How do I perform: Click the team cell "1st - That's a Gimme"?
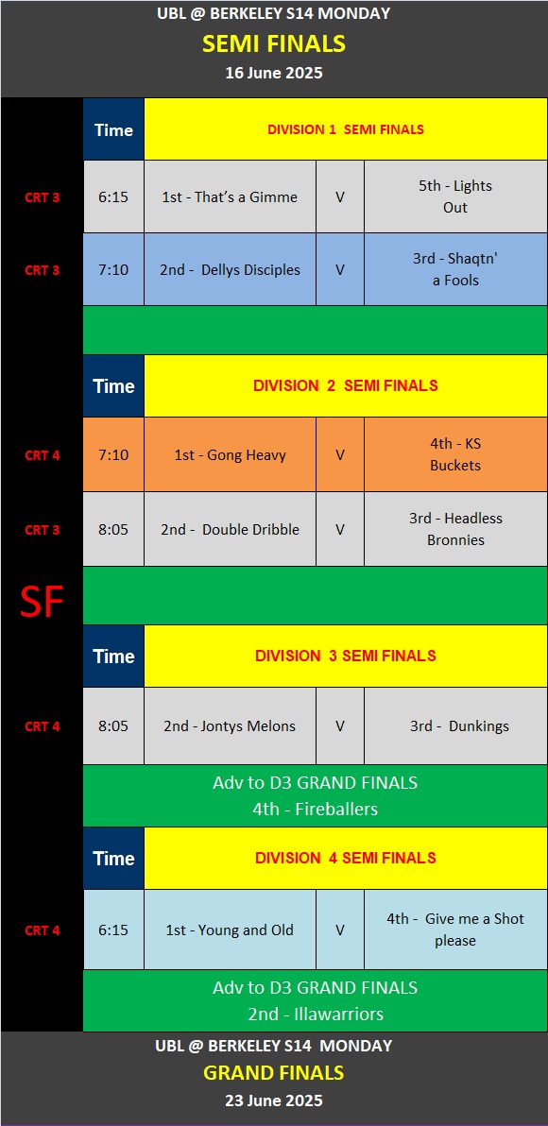[230, 196]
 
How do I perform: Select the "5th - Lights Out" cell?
[455, 196]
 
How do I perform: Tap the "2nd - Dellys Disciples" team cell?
[230, 270]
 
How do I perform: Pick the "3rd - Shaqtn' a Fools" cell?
[455, 270]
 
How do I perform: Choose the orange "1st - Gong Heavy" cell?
[230, 454]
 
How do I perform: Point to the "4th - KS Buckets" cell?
[455, 454]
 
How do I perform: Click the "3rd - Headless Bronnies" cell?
[455, 529]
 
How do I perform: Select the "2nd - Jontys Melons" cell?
[230, 726]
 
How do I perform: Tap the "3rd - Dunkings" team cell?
[455, 726]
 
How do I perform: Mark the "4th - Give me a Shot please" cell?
[455, 930]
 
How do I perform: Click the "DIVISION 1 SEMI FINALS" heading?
[346, 130]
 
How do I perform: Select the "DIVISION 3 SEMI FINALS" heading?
[346, 656]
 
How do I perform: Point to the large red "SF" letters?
[42, 603]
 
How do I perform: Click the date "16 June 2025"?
[274, 73]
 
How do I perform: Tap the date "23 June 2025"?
[274, 1100]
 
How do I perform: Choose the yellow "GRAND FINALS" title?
[274, 1073]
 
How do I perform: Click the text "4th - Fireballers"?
[316, 810]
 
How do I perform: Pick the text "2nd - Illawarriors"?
[316, 1014]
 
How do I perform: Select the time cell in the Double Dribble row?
[113, 529]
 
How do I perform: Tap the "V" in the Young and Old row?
[340, 930]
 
